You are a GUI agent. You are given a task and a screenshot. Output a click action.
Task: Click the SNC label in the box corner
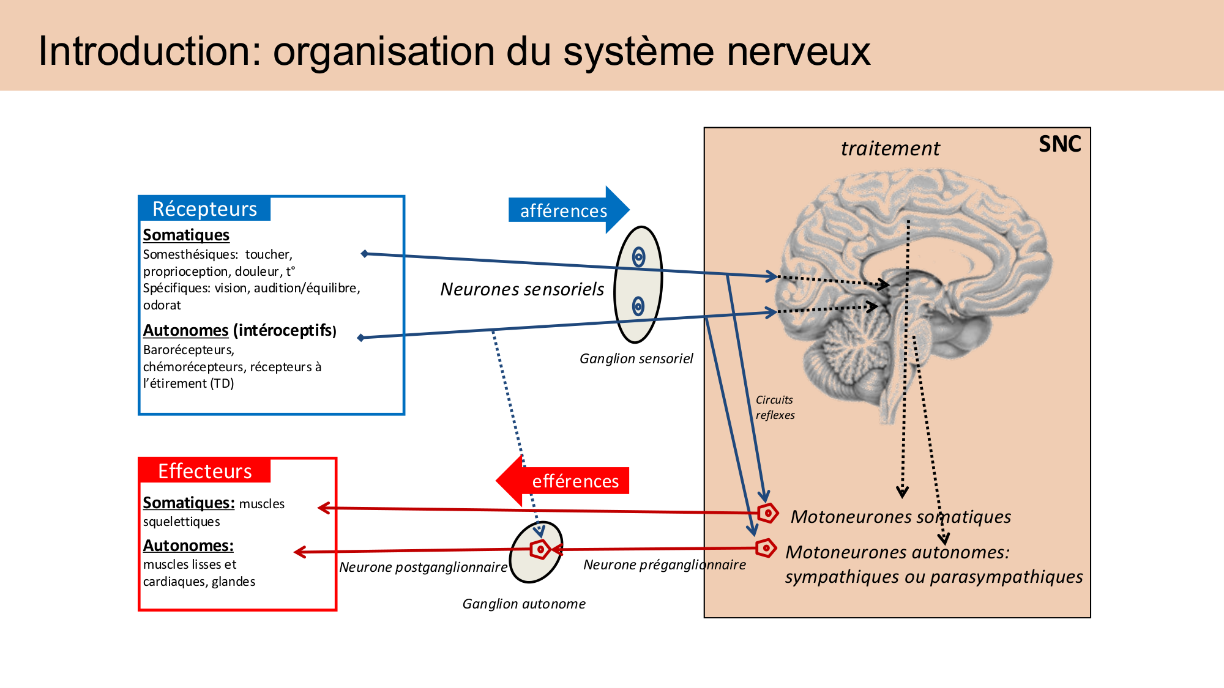[x=1059, y=144]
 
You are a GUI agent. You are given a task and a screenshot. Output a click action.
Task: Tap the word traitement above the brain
[x=890, y=149]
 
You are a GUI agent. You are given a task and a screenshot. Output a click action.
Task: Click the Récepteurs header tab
[x=204, y=209]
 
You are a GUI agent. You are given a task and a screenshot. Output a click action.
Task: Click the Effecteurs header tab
[x=204, y=471]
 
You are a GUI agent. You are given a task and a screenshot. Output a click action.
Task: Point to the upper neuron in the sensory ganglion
[x=638, y=257]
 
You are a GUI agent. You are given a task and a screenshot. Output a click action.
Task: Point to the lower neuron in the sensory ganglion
[x=638, y=306]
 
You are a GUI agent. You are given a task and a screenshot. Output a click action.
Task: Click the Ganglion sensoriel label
[x=636, y=359]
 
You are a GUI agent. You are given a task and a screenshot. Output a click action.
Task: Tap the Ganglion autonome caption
[x=524, y=604]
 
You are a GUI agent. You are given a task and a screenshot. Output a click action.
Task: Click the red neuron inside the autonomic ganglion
[x=540, y=549]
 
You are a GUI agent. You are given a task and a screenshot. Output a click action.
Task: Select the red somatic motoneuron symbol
[x=767, y=513]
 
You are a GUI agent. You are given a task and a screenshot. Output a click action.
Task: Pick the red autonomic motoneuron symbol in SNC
[x=766, y=548]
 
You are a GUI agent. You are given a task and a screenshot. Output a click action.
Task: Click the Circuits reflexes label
[x=775, y=407]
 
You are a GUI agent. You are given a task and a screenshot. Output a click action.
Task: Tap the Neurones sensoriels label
[x=522, y=289]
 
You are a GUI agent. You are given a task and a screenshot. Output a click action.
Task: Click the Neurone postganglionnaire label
[x=423, y=568]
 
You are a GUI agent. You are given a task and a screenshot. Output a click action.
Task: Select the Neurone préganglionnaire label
[x=664, y=565]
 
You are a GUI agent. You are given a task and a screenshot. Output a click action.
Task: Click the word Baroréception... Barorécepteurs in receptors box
[x=188, y=350]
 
